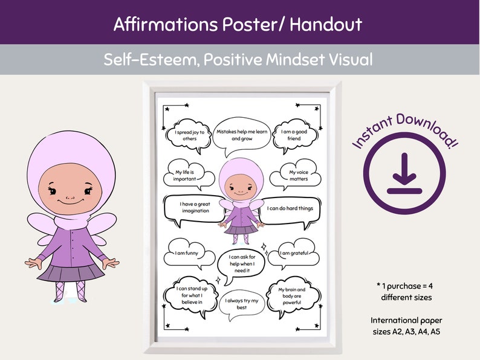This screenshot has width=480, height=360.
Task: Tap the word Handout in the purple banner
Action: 326,24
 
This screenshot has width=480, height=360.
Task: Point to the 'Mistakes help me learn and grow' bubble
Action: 240,133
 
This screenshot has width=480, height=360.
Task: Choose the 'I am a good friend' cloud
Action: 294,134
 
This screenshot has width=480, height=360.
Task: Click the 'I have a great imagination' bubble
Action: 194,207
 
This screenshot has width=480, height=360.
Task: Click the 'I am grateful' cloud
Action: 293,254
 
